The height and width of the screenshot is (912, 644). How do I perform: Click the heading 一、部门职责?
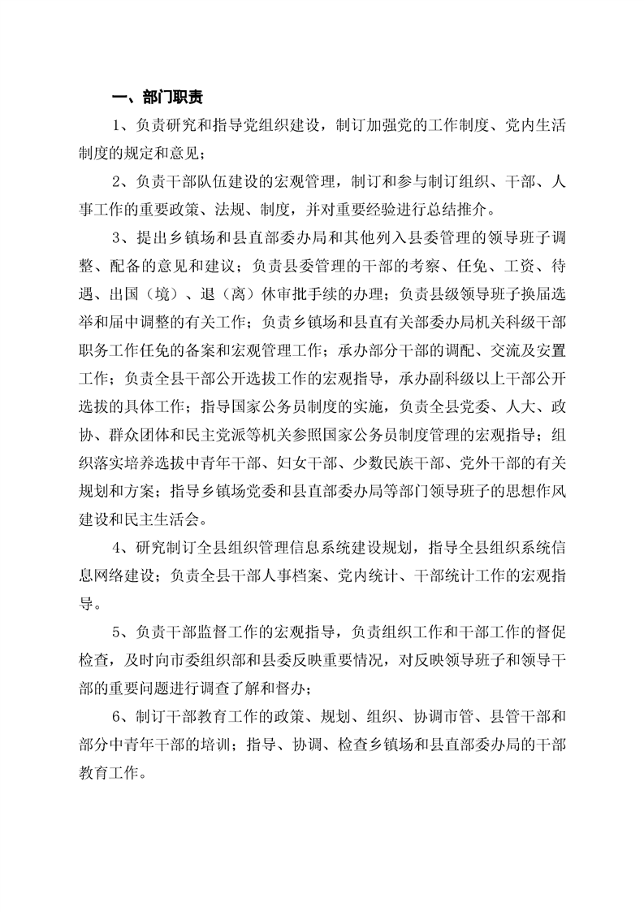coord(158,98)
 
